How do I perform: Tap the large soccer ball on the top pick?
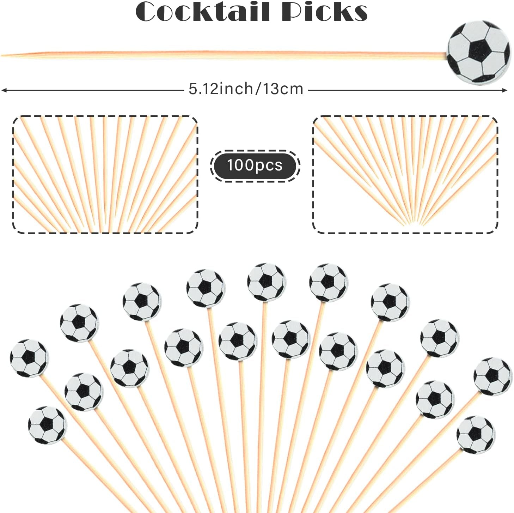[478, 52]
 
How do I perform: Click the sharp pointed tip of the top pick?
[2, 55]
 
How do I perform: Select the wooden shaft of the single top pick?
[224, 55]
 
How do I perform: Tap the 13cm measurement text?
[283, 89]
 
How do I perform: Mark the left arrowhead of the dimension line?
[4, 90]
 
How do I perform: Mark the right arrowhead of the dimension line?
[504, 90]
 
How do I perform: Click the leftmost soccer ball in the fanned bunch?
[29, 358]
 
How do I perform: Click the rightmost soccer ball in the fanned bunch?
[493, 376]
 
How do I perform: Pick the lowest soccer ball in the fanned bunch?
[476, 435]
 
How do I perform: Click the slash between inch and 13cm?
[258, 89]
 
